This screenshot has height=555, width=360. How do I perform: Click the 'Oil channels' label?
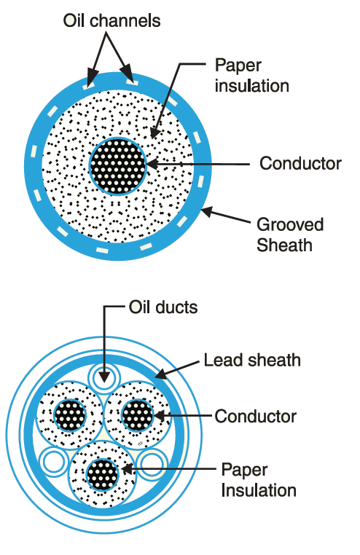(111, 20)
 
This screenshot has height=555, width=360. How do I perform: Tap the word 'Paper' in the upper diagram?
(238, 66)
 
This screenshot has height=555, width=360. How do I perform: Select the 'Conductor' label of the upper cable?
(300, 164)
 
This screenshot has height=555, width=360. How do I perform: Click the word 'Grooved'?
(290, 224)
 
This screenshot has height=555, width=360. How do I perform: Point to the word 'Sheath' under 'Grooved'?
(284, 245)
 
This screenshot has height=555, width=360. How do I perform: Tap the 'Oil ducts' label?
(163, 307)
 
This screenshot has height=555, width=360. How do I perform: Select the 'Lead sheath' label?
(252, 361)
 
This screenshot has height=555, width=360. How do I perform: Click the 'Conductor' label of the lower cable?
(255, 417)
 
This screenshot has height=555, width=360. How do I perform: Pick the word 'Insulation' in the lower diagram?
(259, 491)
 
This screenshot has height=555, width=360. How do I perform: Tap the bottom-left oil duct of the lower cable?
(54, 462)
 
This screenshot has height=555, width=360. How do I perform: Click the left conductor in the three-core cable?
(71, 415)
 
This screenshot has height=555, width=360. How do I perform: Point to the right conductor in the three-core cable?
(137, 415)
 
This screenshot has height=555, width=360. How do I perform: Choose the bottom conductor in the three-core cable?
(102, 475)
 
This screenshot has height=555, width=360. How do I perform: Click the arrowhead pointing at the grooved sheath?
(208, 212)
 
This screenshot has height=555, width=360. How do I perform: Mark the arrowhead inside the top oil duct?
(104, 377)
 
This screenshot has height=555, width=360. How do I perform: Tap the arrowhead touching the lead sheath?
(160, 374)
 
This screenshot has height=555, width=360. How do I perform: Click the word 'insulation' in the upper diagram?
(251, 87)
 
